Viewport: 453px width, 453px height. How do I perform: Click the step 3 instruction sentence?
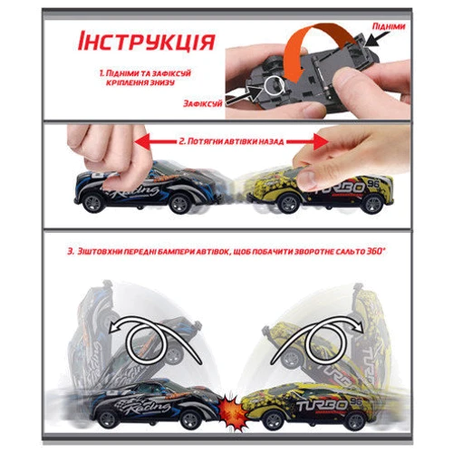(x=217, y=250)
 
